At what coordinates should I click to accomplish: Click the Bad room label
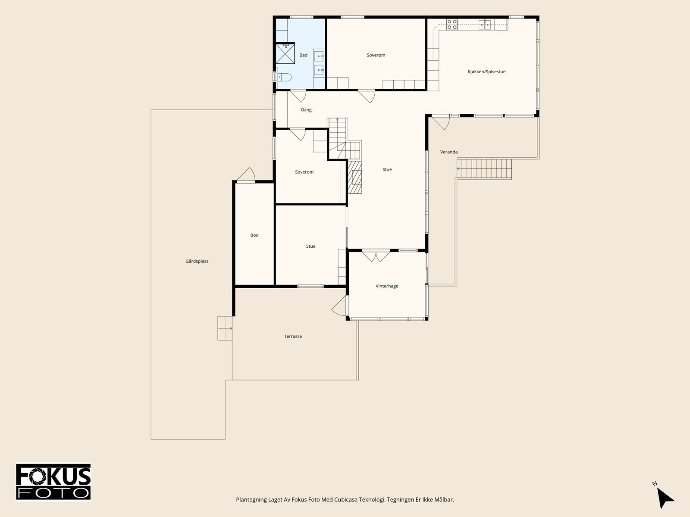point(303,55)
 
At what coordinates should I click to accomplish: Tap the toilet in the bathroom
point(284,77)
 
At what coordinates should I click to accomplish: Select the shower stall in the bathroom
point(285,54)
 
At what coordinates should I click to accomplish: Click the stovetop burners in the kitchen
point(452,25)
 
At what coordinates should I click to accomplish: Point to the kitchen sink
point(485,25)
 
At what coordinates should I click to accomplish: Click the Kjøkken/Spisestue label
point(486,72)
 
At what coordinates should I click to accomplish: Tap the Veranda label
point(449,152)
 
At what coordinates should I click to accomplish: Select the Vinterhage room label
point(387,286)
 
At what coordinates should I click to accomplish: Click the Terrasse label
point(293,336)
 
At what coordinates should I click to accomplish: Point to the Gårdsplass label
point(197,261)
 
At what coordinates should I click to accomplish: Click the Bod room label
point(254,235)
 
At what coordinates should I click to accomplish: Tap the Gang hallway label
point(306,110)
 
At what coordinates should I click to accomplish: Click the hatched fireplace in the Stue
point(355,177)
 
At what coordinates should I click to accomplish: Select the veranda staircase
point(484,169)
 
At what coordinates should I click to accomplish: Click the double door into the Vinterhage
point(376,255)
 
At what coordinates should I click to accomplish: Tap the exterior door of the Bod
point(246,174)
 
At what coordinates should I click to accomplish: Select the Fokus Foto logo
point(53,482)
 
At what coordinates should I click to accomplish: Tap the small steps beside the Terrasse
point(225,328)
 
